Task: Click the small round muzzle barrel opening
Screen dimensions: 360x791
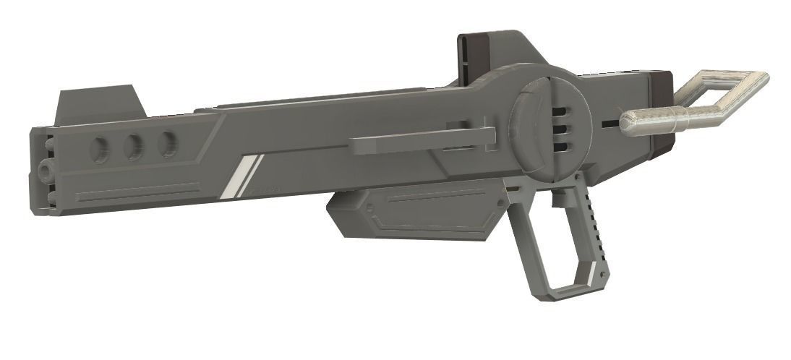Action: click(46, 171)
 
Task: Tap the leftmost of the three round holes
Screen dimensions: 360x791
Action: click(100, 149)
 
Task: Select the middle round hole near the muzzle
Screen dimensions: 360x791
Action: click(134, 147)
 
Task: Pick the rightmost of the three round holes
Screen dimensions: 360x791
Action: click(167, 143)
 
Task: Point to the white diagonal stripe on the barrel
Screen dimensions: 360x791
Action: click(241, 176)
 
